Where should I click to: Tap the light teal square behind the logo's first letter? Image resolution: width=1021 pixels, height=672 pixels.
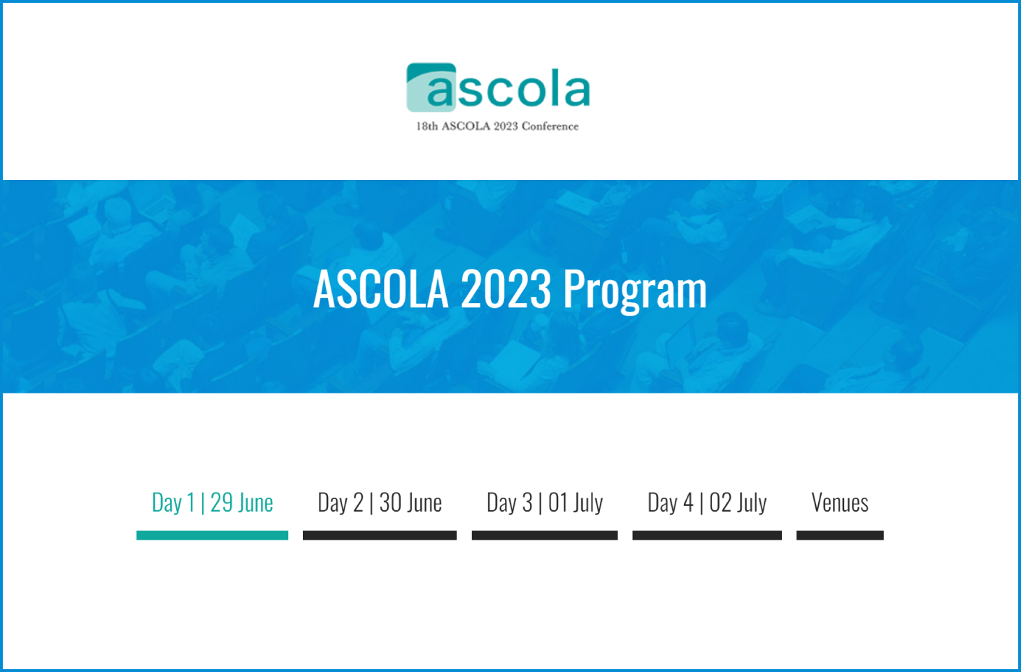tap(431, 87)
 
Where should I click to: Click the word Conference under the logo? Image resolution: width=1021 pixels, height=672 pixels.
tap(550, 127)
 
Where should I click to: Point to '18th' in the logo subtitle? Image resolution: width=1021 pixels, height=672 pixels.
tap(427, 127)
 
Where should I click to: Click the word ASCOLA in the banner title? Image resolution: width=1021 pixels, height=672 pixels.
tap(381, 289)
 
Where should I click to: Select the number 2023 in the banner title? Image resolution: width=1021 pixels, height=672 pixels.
tap(506, 289)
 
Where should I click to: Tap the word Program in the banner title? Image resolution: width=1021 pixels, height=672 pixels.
tap(635, 291)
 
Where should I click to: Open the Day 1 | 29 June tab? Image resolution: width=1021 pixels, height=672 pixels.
tap(213, 503)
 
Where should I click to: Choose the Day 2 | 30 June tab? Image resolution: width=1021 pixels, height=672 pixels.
tap(380, 503)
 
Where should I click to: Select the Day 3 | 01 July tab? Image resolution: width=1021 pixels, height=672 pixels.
tap(545, 503)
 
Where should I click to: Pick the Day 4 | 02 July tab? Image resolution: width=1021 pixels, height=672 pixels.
tap(707, 503)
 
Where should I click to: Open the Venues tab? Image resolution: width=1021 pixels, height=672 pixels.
tap(840, 503)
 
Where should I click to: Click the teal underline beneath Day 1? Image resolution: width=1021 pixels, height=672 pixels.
tap(213, 535)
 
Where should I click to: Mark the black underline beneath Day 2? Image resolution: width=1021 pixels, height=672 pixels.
tap(380, 535)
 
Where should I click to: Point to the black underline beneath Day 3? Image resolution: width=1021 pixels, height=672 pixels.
tap(545, 535)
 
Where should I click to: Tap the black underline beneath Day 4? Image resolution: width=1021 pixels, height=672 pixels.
tap(707, 535)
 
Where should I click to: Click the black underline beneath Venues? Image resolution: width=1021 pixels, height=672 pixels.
tap(840, 535)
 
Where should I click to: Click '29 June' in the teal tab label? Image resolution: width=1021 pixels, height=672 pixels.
tap(241, 503)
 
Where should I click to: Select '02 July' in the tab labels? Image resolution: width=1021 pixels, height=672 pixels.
tap(738, 503)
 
